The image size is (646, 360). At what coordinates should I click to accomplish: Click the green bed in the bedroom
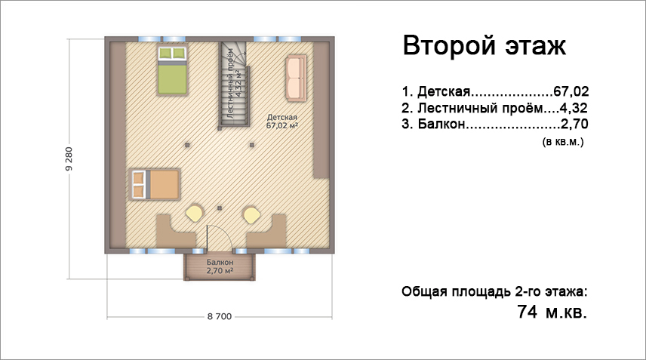coord(172,70)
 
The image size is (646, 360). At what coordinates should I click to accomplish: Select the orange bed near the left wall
coord(155,184)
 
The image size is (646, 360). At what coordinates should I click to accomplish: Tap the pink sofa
coord(296,78)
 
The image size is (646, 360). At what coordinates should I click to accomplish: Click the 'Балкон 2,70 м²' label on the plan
coord(220,266)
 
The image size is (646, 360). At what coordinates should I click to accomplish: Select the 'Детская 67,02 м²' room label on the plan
coord(282,122)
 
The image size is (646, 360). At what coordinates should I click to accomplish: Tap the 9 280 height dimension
coord(69,158)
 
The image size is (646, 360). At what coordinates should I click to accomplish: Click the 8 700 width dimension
coord(220,316)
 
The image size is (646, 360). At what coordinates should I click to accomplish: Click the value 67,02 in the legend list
coord(571,91)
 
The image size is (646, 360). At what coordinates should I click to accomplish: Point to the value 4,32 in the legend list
coord(573,108)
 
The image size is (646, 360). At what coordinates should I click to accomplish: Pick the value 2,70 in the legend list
coord(574,124)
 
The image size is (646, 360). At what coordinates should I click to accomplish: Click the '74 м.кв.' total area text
coord(552,312)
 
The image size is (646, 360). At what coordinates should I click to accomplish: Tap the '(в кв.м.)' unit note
coord(563,142)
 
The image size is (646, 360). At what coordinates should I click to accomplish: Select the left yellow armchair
coord(194,214)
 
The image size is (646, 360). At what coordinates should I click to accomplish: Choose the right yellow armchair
coord(251,214)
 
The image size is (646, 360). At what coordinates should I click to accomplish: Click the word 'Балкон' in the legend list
coord(441,124)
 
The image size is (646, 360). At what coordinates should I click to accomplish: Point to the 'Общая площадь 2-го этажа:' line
coord(494,291)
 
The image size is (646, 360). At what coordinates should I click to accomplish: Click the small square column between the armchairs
coord(220,208)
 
